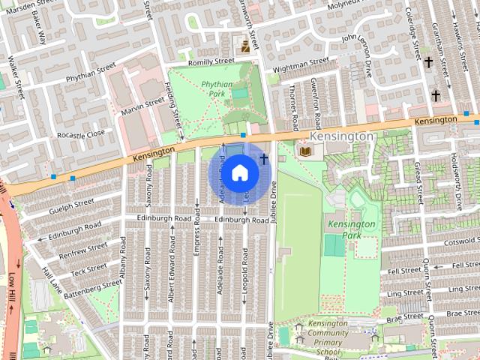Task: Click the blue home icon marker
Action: coord(239,172)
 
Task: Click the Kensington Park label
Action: coord(350,229)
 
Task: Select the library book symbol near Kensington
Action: coord(304,151)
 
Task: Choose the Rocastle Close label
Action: coord(81,134)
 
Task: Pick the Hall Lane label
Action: coord(52,281)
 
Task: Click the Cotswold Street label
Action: coord(456,242)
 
